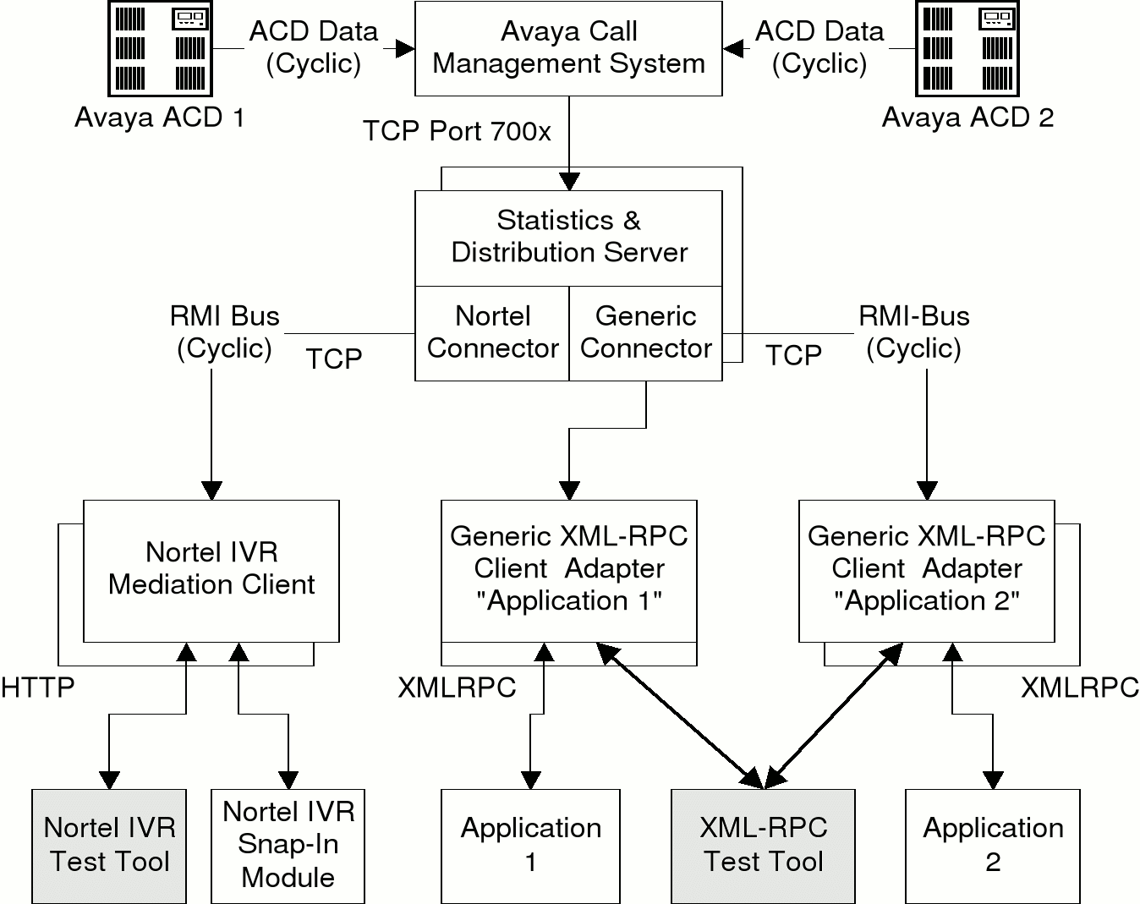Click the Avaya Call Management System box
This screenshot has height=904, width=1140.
[568, 48]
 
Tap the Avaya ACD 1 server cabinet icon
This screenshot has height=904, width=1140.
[161, 48]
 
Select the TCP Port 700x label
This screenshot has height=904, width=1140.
[457, 131]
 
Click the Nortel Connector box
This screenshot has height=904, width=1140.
[492, 332]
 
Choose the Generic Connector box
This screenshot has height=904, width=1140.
[646, 332]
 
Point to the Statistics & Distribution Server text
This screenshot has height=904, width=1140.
[568, 236]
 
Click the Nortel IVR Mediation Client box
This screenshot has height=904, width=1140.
[211, 568]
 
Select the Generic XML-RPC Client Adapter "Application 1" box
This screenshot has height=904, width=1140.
[568, 568]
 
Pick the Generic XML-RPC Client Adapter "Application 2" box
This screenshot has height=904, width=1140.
[927, 568]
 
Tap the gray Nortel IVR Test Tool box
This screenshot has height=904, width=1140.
[109, 845]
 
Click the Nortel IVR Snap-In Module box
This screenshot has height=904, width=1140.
[288, 845]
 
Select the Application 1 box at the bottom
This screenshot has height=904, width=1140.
[530, 845]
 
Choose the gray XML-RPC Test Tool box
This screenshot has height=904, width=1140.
[763, 845]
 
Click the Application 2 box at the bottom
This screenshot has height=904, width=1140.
[993, 845]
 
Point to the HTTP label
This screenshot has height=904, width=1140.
[37, 688]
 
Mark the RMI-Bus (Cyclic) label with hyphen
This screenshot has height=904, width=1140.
[914, 332]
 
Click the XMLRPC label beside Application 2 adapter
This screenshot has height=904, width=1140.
[1080, 688]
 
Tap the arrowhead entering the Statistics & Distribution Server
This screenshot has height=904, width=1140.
[569, 181]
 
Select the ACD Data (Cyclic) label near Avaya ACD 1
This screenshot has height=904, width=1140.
[314, 47]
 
